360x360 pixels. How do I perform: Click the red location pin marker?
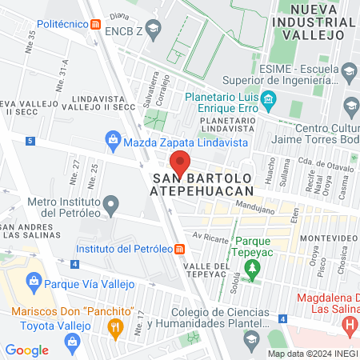coord(181,164)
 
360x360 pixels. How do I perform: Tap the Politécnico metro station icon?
coord(96,24)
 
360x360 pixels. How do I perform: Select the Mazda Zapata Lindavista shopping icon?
coord(113,142)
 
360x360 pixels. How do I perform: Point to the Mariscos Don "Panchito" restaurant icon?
coord(114,326)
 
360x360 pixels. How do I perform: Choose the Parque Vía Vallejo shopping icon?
coord(34,281)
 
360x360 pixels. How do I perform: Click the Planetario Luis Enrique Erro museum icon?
coord(269,101)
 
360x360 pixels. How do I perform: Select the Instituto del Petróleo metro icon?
coord(179,248)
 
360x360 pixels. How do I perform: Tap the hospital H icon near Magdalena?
coord(349,325)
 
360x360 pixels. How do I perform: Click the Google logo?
coord(26,350)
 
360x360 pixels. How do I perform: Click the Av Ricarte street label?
coord(206,236)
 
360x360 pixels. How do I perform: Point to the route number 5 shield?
coord(30,141)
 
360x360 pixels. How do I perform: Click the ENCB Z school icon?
coord(154,30)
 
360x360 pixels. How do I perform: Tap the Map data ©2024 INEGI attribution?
coord(311,354)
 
